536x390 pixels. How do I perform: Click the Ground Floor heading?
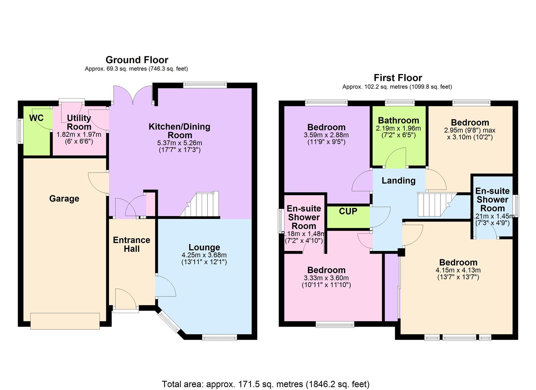(x=137, y=60)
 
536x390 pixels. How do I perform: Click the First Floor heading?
(x=398, y=78)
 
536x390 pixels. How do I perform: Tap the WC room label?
(x=36, y=118)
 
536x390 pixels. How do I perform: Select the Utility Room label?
(x=79, y=122)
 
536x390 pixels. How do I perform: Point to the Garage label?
(x=64, y=199)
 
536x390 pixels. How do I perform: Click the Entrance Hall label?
(x=131, y=244)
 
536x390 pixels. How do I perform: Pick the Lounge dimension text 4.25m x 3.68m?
(x=204, y=255)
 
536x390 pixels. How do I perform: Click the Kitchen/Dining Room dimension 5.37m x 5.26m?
(x=179, y=143)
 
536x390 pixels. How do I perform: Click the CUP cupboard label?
(x=348, y=211)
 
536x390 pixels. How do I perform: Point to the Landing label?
(x=398, y=181)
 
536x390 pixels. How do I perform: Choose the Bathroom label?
(x=398, y=121)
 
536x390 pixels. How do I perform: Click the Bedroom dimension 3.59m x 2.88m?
(x=326, y=135)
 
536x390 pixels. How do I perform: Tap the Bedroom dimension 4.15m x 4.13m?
(x=458, y=270)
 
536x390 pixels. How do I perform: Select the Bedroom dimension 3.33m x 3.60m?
(x=326, y=278)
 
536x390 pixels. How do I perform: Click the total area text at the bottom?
(x=266, y=384)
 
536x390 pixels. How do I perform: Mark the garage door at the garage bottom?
(x=65, y=321)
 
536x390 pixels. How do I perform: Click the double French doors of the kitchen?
(x=133, y=96)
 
